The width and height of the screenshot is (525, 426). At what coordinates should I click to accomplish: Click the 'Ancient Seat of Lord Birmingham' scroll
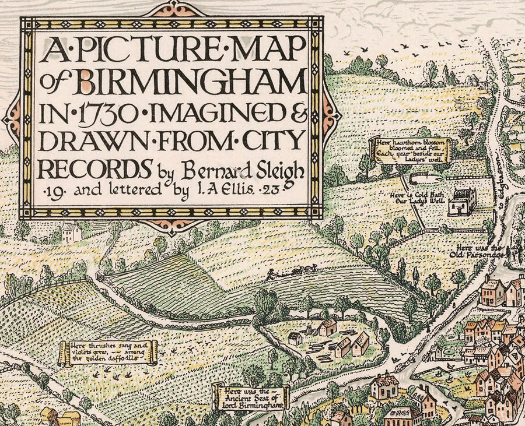[251, 397]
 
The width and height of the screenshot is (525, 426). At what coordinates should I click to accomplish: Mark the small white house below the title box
[71, 231]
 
